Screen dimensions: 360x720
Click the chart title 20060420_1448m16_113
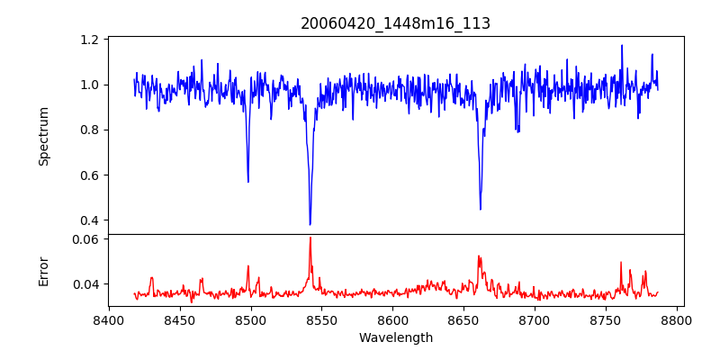click(395, 23)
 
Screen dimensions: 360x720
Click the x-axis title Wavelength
click(395, 338)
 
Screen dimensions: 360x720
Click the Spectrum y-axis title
click(43, 136)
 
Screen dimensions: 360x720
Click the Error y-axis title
click(43, 270)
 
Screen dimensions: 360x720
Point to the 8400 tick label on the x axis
click(109, 320)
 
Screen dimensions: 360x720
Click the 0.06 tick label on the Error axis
click(86, 239)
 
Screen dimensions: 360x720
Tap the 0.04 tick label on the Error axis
click(86, 284)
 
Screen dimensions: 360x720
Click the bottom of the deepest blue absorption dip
click(310, 224)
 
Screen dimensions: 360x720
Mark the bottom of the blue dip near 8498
click(248, 182)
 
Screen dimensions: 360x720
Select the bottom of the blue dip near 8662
click(481, 209)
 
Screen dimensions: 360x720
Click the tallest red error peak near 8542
click(310, 238)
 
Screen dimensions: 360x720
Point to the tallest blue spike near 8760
click(621, 46)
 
